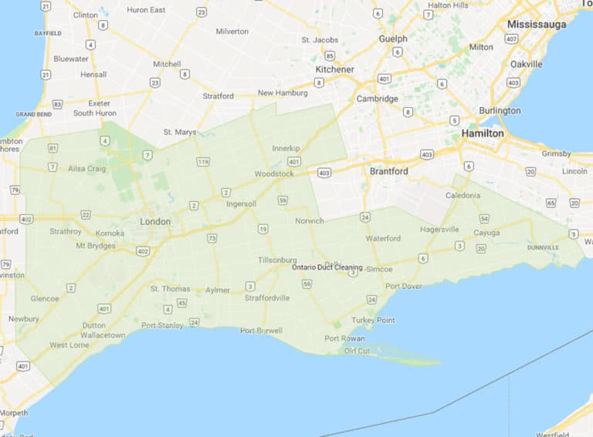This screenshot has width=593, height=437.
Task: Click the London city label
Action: tap(155, 222)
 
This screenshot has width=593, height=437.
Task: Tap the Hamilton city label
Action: tap(483, 133)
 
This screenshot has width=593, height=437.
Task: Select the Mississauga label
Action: tap(536, 24)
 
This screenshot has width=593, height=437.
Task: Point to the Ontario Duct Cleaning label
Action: tap(327, 267)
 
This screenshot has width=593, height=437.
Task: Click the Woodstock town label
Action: tap(274, 174)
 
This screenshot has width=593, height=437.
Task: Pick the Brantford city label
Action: tap(388, 171)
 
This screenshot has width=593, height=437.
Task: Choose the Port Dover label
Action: tap(403, 287)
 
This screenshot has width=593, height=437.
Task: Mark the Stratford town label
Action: tap(218, 96)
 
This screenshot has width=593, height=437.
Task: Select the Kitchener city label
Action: tap(334, 69)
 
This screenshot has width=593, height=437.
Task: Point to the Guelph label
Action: tap(393, 39)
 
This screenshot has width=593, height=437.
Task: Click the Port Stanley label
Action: tap(162, 325)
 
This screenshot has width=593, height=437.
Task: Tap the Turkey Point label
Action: tap(373, 320)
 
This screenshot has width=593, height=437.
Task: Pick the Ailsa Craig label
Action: tap(86, 168)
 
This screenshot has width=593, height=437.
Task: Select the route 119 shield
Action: tap(203, 162)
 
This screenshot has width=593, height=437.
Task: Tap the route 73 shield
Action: tap(212, 238)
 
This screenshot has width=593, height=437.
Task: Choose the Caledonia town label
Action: tap(463, 196)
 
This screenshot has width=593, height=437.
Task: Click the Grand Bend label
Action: tap(33, 114)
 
